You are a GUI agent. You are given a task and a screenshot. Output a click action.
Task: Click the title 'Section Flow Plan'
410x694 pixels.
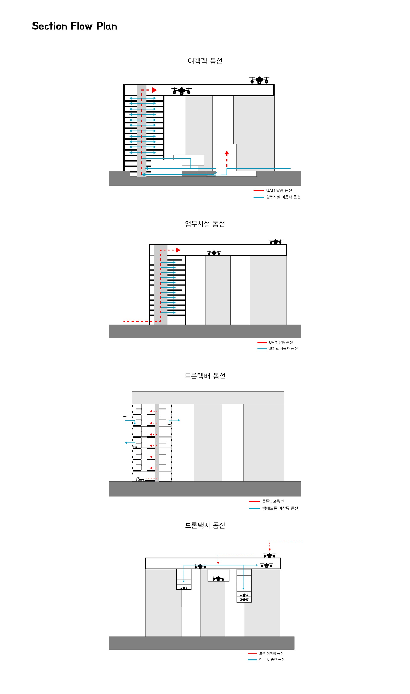(x=75, y=26)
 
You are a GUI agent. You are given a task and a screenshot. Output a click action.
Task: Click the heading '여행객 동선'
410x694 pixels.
(x=205, y=61)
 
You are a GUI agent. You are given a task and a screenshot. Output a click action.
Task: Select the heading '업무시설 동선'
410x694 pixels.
(x=205, y=224)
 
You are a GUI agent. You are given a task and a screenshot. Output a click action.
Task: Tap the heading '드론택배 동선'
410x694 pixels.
(x=205, y=376)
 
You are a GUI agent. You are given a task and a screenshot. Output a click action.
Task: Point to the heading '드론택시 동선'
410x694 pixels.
(x=205, y=525)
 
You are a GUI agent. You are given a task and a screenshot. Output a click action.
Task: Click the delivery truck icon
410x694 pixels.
(x=140, y=479)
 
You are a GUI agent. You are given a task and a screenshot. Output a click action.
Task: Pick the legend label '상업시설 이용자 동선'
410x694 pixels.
(x=283, y=197)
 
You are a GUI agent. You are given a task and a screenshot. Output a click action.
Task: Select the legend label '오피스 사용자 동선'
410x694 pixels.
(x=283, y=349)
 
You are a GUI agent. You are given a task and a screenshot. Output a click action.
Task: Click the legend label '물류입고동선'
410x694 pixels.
(x=273, y=501)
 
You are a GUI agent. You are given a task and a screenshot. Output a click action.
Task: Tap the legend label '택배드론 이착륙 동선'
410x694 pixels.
(x=280, y=508)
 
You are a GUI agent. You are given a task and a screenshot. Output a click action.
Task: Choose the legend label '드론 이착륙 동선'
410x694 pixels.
(x=271, y=653)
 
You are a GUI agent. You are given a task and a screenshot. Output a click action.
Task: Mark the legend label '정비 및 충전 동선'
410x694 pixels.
(x=272, y=659)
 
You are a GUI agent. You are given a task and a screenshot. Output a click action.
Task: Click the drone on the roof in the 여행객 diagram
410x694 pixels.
(x=259, y=80)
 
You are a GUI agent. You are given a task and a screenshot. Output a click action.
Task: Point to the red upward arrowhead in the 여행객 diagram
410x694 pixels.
(x=227, y=152)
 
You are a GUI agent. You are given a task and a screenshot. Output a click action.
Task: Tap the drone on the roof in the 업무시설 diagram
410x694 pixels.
(x=275, y=242)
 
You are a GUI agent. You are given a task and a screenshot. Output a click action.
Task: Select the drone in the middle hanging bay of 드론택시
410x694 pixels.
(x=218, y=578)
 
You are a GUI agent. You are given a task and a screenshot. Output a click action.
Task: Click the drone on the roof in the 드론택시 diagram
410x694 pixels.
(x=269, y=555)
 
